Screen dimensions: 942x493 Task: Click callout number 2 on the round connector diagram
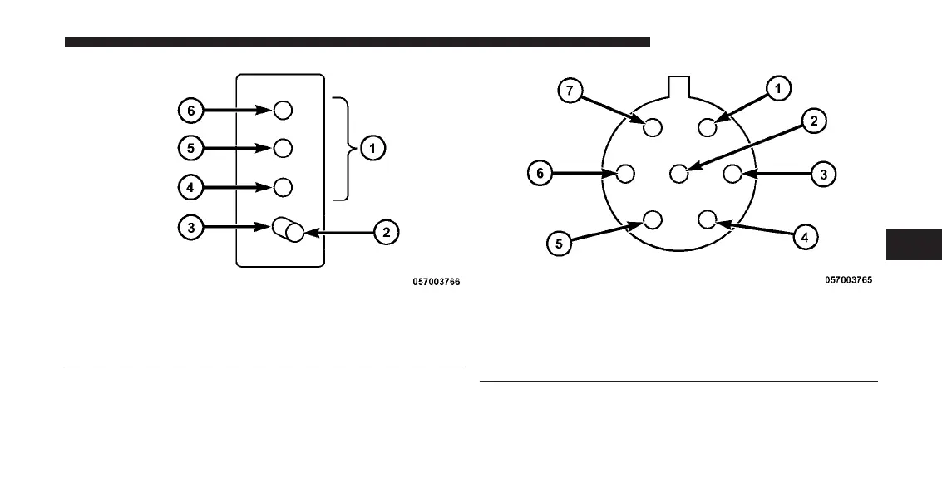click(x=813, y=121)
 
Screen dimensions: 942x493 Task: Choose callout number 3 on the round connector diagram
click(x=823, y=175)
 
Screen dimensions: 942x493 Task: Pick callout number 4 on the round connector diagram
click(x=804, y=237)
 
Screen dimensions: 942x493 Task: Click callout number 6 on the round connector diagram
click(x=540, y=174)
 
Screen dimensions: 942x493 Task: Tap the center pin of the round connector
click(x=678, y=174)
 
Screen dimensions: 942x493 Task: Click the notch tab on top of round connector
click(x=680, y=86)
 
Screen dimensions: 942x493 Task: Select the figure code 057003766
click(x=436, y=283)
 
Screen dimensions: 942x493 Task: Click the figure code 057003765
click(x=848, y=281)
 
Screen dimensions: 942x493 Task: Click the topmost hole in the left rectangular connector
click(x=283, y=110)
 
